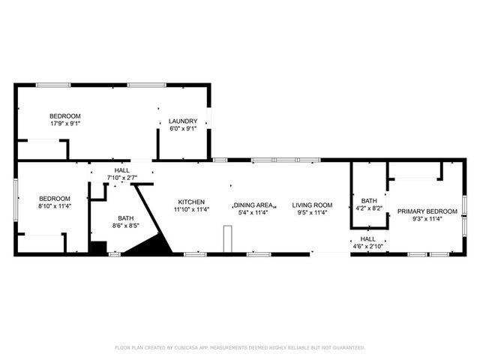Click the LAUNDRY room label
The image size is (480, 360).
coord(183,121)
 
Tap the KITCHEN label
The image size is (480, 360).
coord(190,202)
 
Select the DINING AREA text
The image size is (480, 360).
coord(253,205)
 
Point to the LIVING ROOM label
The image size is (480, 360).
coord(312,205)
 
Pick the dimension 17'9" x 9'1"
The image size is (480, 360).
coord(65,123)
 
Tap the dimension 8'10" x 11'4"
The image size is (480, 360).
coord(54,205)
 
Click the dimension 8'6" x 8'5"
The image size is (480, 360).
coord(125,225)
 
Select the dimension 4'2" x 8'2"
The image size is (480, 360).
coord(369,208)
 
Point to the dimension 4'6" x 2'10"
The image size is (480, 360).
coord(368,246)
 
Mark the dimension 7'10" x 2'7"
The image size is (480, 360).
coord(121,178)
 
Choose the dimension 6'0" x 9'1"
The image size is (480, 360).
coord(183,128)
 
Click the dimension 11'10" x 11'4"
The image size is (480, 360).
coord(190,209)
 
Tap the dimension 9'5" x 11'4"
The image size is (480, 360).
coord(312,212)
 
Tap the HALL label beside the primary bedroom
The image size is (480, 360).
coord(368,238)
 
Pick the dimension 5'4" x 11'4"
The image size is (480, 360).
coord(253,212)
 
